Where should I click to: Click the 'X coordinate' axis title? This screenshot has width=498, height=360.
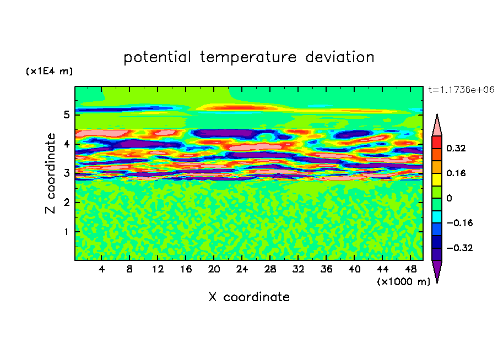click(249, 297)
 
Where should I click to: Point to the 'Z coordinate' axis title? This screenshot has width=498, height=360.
click(51, 173)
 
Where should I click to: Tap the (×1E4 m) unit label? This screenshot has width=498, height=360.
click(49, 72)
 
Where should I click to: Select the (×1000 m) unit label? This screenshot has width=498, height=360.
click(403, 282)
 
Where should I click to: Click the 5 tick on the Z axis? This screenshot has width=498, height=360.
click(66, 115)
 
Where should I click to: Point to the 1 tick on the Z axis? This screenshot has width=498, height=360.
click(66, 232)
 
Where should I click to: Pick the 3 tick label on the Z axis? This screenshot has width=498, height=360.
click(66, 173)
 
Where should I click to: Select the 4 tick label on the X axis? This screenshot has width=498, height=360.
click(102, 269)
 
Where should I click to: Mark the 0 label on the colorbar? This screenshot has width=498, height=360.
click(449, 198)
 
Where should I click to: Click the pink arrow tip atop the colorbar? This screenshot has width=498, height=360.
click(437, 124)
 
